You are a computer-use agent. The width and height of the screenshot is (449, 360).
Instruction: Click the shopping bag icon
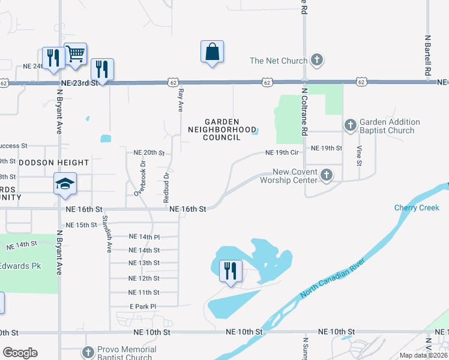pos(212,52)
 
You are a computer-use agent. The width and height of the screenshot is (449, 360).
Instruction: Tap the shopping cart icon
pos(75,54)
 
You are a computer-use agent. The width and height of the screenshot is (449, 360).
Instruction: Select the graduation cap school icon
pos(65,184)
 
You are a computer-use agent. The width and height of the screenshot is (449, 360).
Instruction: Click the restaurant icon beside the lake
pos(230,271)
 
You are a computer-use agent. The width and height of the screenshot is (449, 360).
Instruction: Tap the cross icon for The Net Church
pos(318,60)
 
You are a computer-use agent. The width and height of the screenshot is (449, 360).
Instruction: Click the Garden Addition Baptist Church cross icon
pos(351,126)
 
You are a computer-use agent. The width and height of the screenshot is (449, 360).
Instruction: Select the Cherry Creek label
pos(417,208)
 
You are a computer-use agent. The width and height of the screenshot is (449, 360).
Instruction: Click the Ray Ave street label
pos(180,100)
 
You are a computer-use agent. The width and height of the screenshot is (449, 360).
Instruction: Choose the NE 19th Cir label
pos(282,152)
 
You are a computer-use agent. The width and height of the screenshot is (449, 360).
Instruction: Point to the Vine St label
pos(359,154)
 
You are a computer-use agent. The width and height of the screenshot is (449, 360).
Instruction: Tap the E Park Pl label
pos(142,307)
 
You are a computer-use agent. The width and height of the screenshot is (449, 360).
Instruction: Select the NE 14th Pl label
pos(144,237)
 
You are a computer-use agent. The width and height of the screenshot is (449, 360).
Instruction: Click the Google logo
pos(20,353)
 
